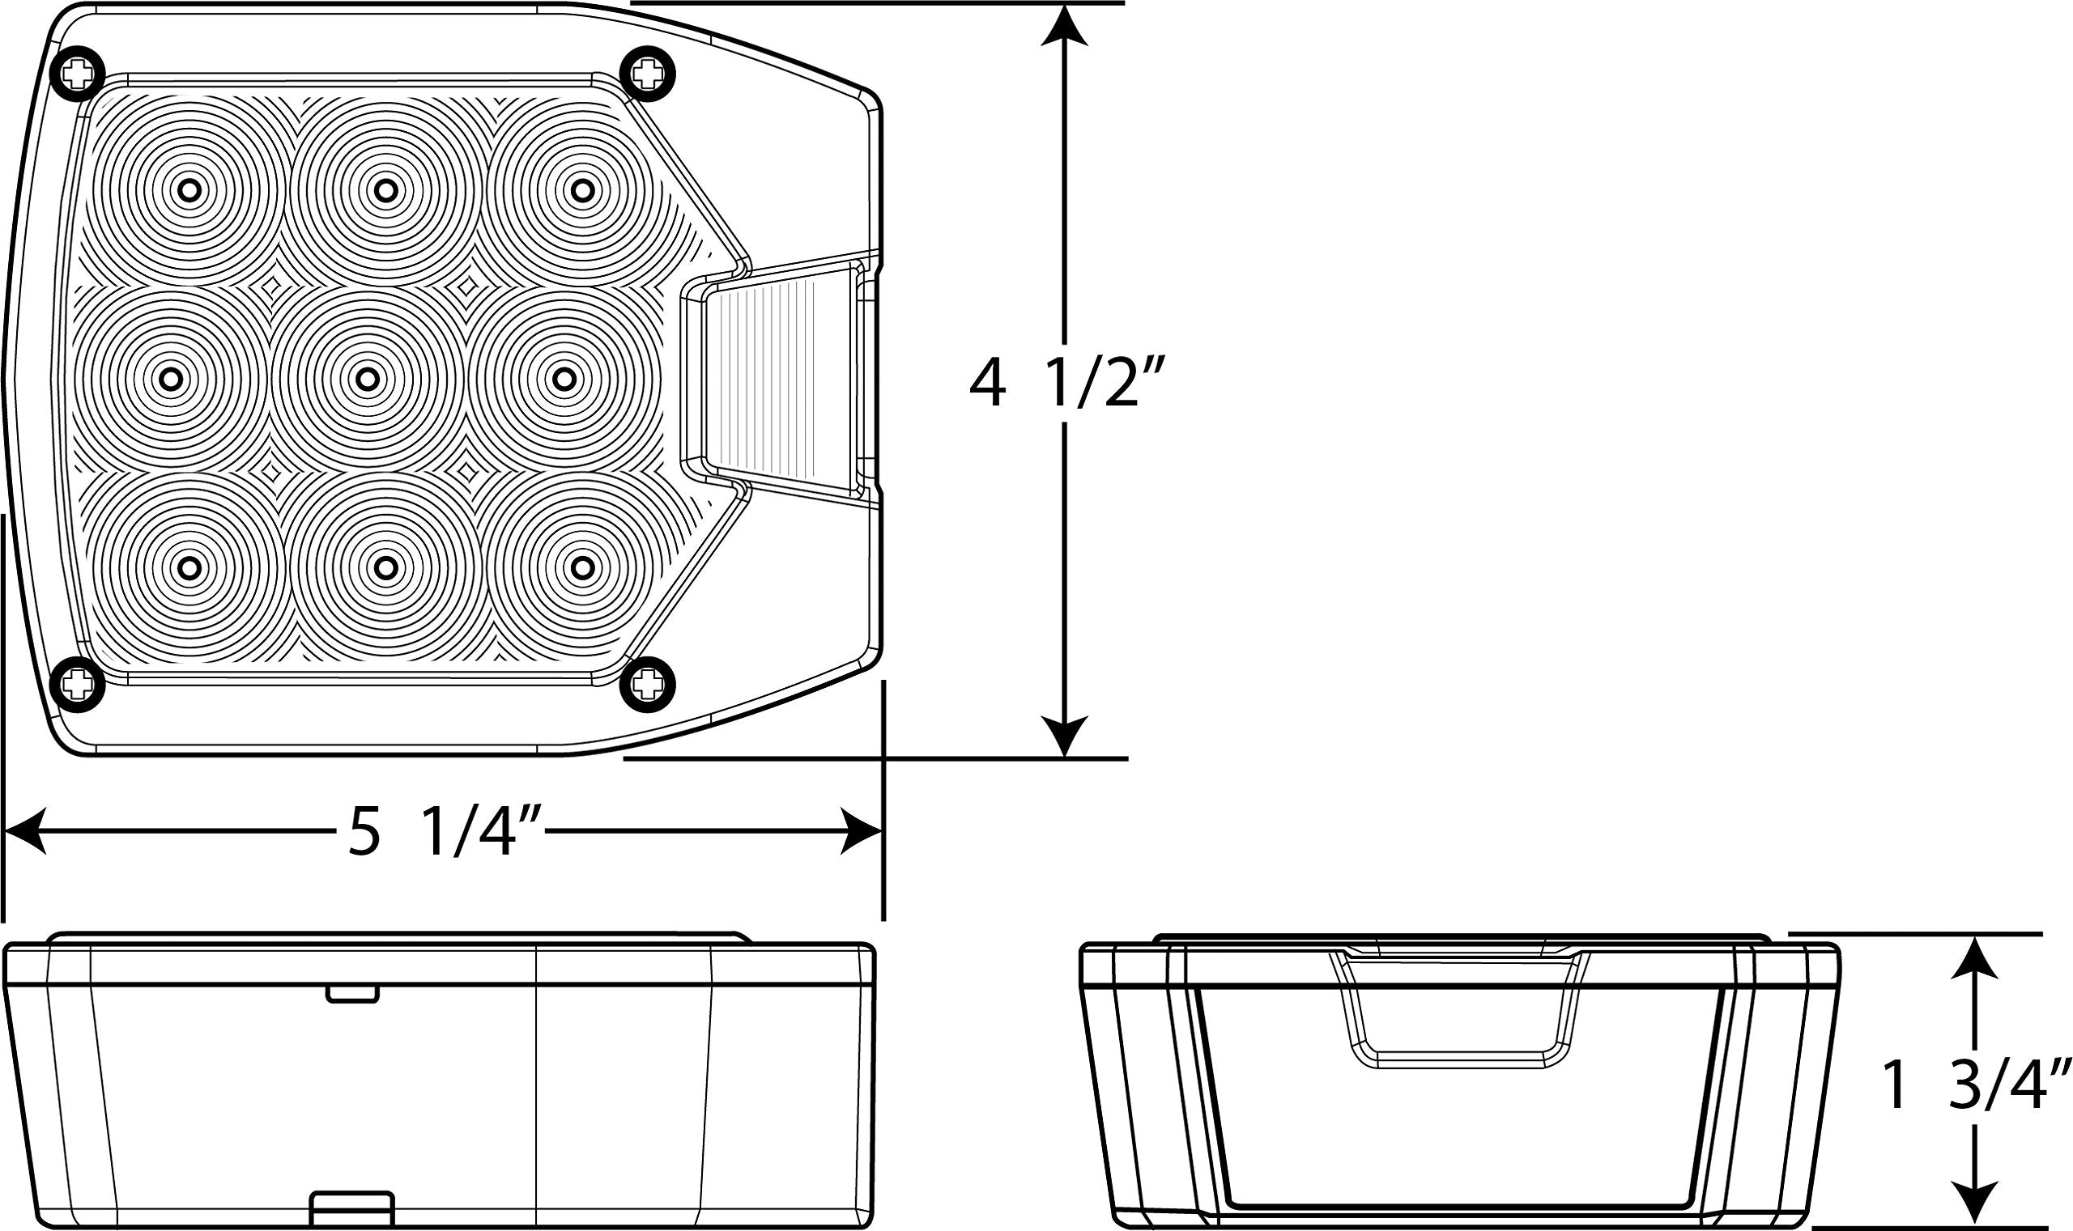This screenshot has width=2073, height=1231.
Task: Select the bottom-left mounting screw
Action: tap(78, 685)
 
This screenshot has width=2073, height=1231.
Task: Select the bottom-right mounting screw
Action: tap(648, 685)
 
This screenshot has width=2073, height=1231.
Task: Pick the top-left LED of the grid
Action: tap(189, 191)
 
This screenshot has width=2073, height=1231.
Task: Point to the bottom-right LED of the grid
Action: tap(582, 568)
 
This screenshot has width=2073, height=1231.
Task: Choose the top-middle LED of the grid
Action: tap(384, 191)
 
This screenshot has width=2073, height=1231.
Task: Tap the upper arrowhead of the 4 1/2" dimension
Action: tap(1063, 29)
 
